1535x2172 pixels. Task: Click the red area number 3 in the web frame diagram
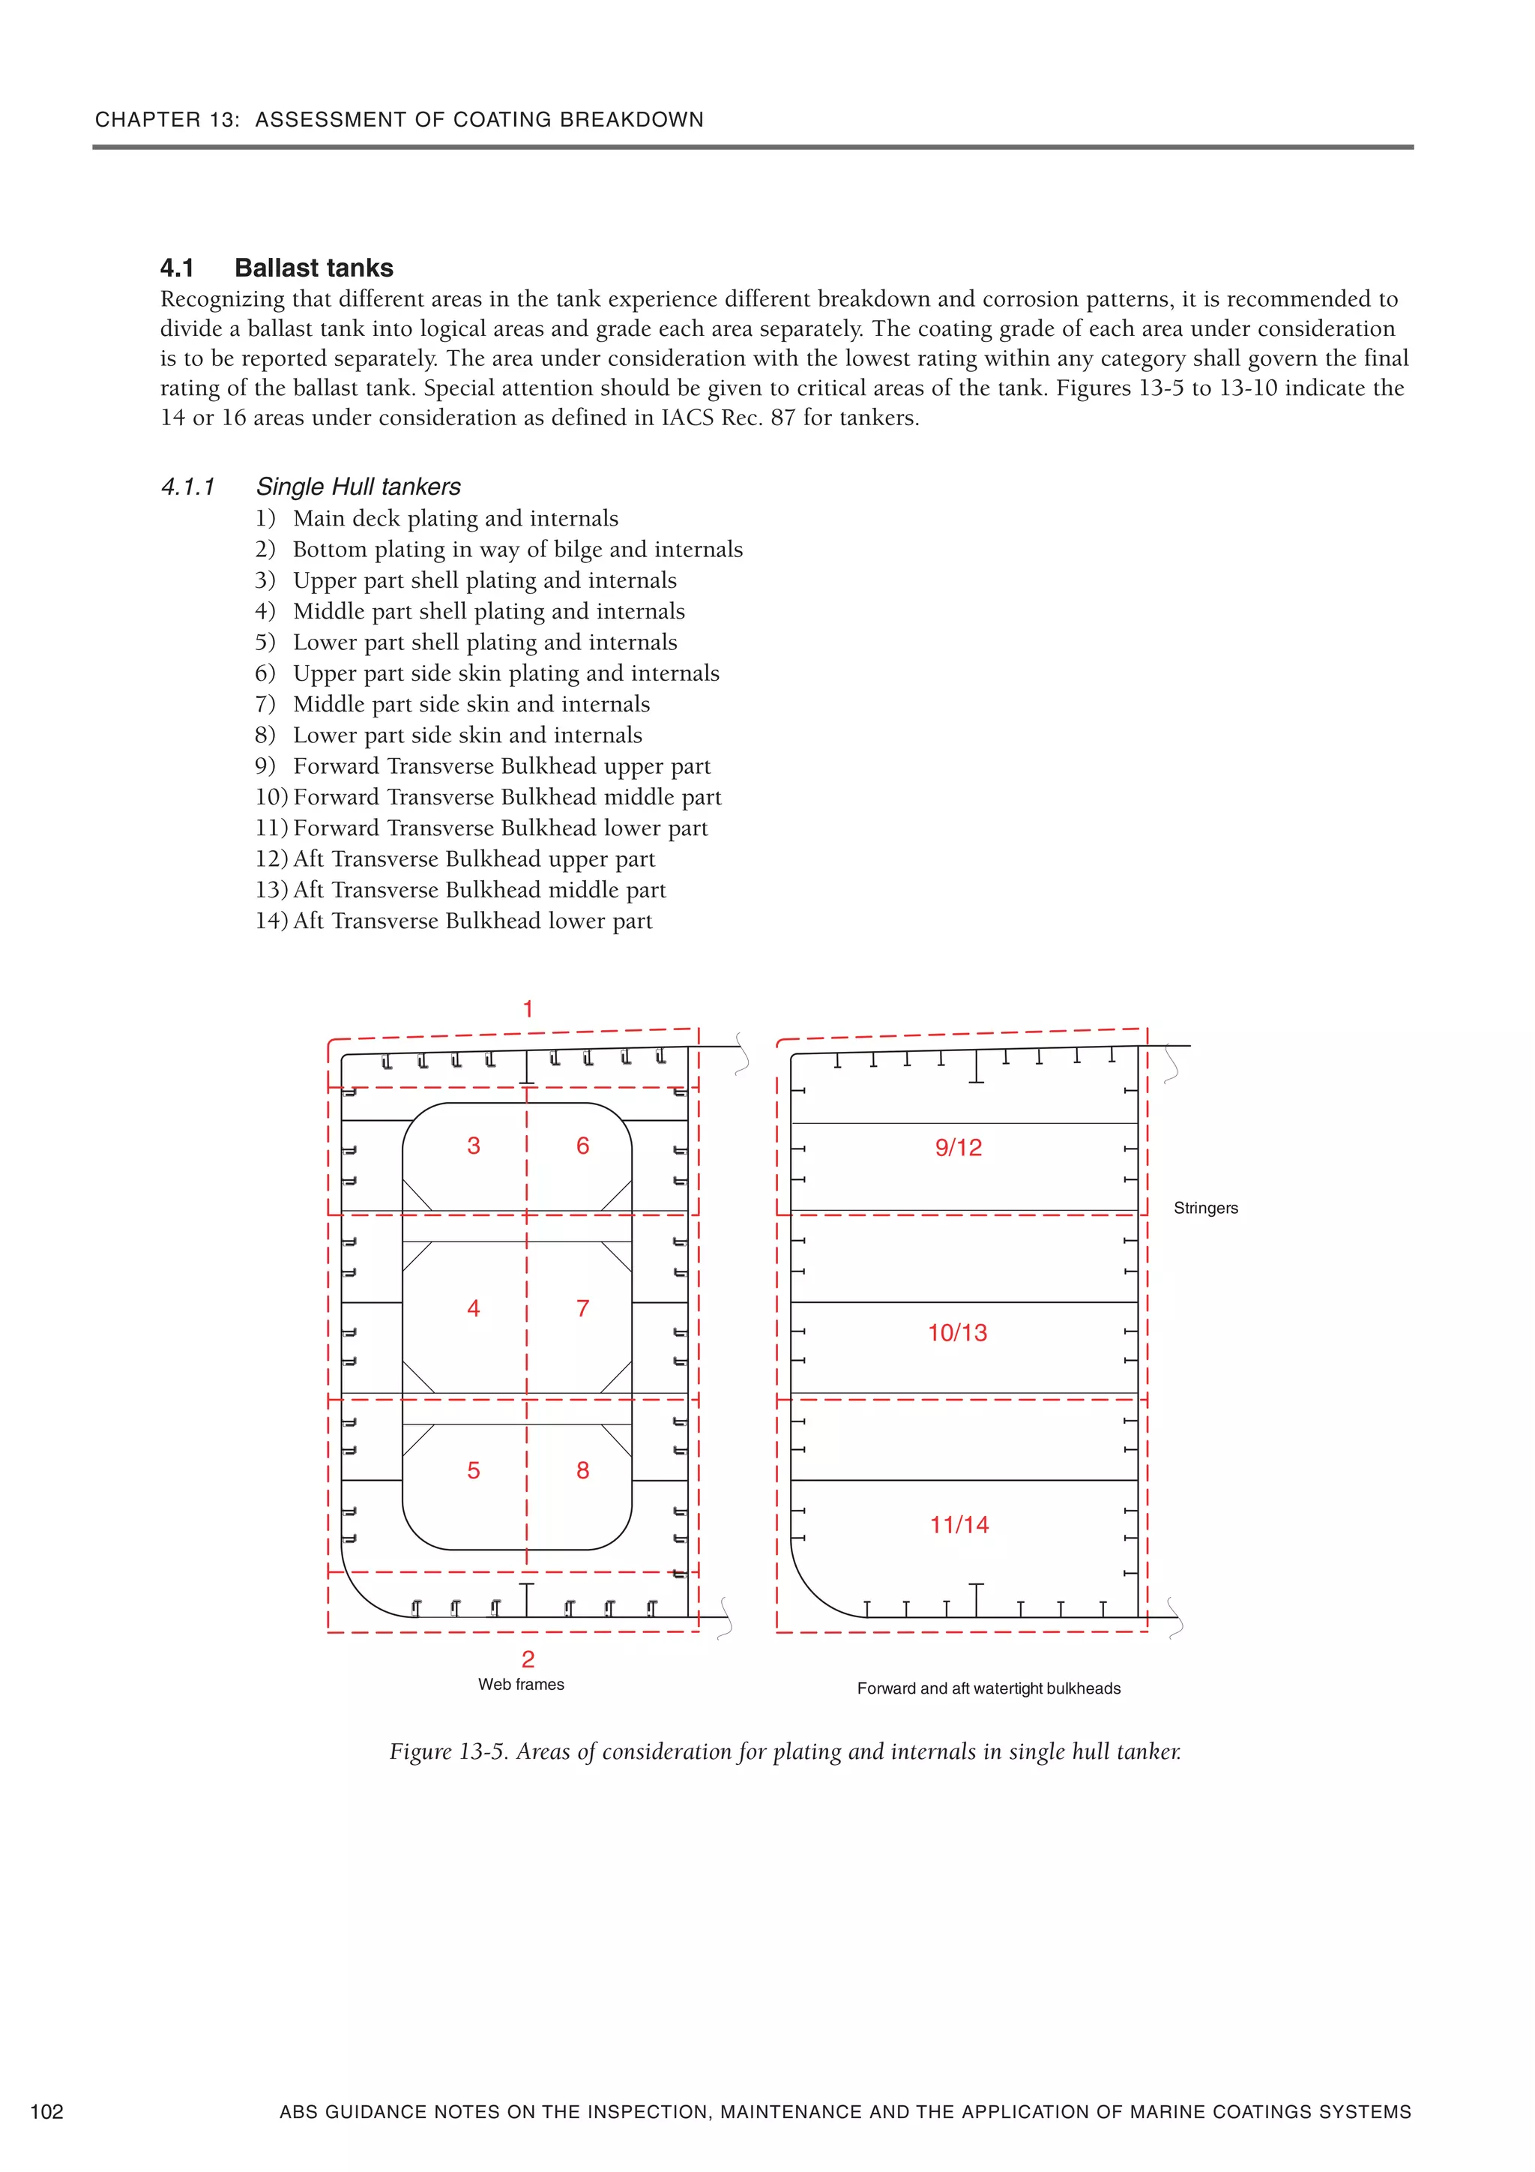tap(474, 1146)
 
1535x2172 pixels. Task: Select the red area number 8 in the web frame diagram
tap(582, 1470)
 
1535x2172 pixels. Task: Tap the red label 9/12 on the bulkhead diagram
tap(958, 1148)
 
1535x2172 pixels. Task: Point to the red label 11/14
tap(959, 1524)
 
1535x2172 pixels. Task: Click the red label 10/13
tap(957, 1332)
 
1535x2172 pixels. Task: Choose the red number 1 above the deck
tap(528, 1009)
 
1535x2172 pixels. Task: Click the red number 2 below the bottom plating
tap(528, 1658)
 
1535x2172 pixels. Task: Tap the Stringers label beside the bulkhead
tap(1205, 1208)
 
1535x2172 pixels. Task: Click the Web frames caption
tap(521, 1684)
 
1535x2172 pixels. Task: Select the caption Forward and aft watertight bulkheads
tap(989, 1688)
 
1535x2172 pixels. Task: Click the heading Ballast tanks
tap(313, 268)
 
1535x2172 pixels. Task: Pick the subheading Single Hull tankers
tap(358, 487)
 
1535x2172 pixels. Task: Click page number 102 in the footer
tap(47, 2111)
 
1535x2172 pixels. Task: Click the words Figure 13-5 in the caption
tap(448, 1752)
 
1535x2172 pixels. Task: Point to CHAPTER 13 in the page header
tap(166, 120)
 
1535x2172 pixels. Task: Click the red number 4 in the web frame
tap(474, 1308)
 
